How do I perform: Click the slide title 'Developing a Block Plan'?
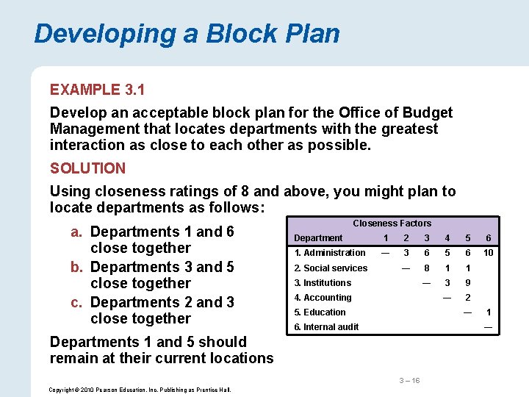[187, 34]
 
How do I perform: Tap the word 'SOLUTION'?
[87, 168]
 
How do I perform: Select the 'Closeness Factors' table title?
[392, 223]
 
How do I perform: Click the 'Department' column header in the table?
[318, 238]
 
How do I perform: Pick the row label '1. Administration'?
[329, 253]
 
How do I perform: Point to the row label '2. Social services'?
[331, 268]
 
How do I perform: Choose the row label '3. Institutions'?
[323, 283]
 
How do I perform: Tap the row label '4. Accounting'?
[323, 298]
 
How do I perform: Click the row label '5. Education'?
[320, 312]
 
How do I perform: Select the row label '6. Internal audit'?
[326, 327]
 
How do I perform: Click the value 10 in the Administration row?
[488, 253]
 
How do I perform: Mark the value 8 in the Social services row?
[426, 268]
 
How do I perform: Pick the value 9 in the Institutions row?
[467, 283]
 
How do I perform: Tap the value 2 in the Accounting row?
[467, 298]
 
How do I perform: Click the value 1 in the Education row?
[488, 312]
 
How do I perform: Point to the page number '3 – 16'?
[409, 380]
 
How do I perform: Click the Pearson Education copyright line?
[139, 390]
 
